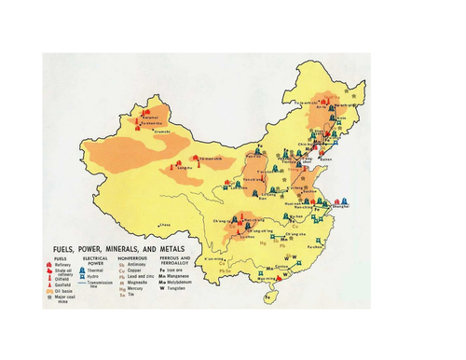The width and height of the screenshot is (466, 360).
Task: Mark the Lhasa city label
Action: [x=166, y=225]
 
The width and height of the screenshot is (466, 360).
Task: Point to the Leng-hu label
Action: [x=183, y=169]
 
